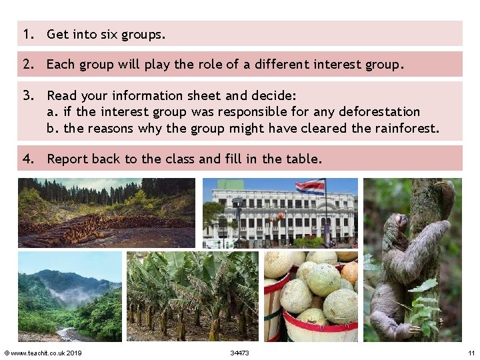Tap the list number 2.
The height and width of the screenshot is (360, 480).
click(x=27, y=65)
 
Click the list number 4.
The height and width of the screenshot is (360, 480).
click(x=27, y=159)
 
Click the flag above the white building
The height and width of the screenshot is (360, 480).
click(x=310, y=187)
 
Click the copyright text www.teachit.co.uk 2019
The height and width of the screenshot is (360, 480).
click(x=43, y=353)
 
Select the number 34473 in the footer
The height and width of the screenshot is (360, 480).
click(x=239, y=353)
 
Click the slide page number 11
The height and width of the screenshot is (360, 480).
click(x=471, y=353)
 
